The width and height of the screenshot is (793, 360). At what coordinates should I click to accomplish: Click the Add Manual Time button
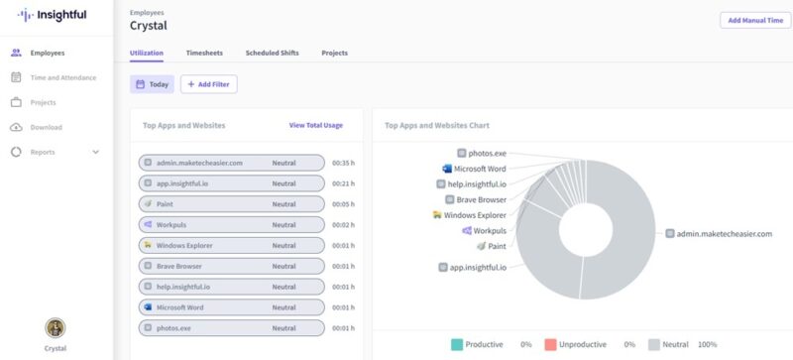click(755, 20)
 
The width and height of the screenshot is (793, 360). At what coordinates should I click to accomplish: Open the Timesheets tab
click(204, 53)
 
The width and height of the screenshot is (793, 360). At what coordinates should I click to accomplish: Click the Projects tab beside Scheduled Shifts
click(334, 53)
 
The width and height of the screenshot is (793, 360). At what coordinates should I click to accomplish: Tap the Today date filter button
click(152, 85)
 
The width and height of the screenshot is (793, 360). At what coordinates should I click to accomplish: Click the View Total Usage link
click(315, 126)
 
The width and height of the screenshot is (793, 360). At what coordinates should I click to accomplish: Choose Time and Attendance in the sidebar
click(62, 77)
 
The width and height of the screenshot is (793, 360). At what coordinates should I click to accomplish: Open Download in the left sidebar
click(46, 127)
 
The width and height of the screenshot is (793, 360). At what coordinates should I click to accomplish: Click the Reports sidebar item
click(43, 152)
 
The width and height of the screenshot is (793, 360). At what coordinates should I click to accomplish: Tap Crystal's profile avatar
click(56, 327)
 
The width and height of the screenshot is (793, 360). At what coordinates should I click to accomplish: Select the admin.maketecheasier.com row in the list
click(232, 162)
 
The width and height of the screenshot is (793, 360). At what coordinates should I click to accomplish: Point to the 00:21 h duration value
click(342, 182)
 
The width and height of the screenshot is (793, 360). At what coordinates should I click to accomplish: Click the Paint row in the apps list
click(232, 203)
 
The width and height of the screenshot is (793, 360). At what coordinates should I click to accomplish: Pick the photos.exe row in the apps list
click(232, 327)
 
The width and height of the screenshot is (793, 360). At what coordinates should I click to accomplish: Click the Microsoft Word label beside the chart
click(480, 169)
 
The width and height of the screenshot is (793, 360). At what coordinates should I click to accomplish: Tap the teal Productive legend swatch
click(456, 344)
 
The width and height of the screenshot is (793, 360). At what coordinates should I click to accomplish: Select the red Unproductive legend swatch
click(550, 344)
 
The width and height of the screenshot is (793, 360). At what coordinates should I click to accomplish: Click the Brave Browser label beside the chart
click(482, 199)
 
